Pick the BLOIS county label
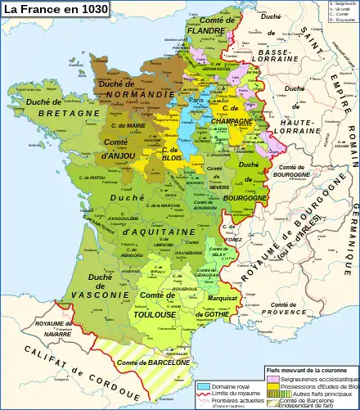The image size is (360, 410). coord(171,160)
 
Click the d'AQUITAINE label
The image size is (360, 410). coord(157,232)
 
